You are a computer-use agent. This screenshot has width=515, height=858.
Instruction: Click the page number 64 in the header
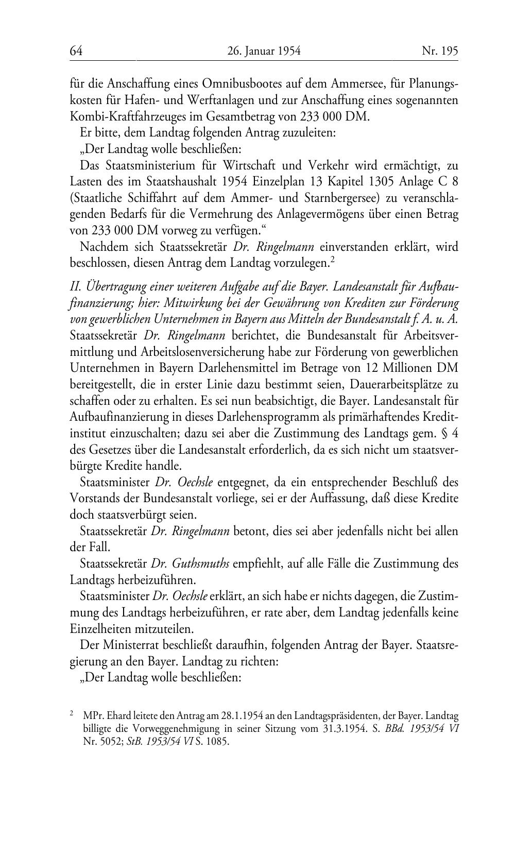point(76,51)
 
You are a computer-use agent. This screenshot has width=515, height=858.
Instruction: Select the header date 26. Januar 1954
point(263,51)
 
